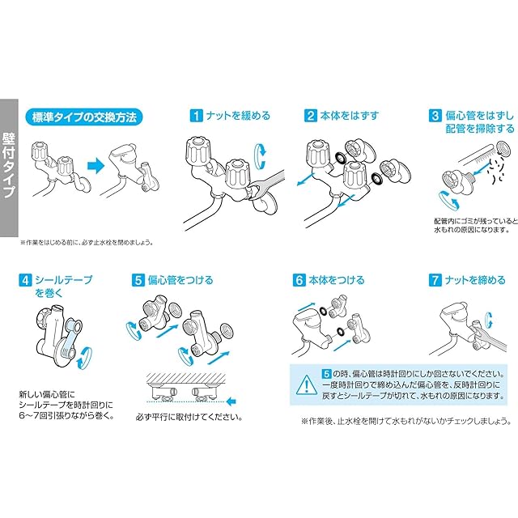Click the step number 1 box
click(196, 116)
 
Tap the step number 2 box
click(310, 116)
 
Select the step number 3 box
click(435, 116)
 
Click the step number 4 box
click(25, 280)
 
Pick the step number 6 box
click(299, 280)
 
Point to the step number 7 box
click(435, 280)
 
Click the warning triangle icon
click(307, 385)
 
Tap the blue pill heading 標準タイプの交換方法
click(84, 117)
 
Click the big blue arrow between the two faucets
click(96, 165)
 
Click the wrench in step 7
click(489, 338)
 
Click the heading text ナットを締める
click(475, 280)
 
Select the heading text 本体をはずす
click(349, 116)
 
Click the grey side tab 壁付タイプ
click(9, 168)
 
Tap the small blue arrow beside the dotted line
click(232, 401)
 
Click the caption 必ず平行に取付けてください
click(189, 418)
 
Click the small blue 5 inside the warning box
click(327, 374)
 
